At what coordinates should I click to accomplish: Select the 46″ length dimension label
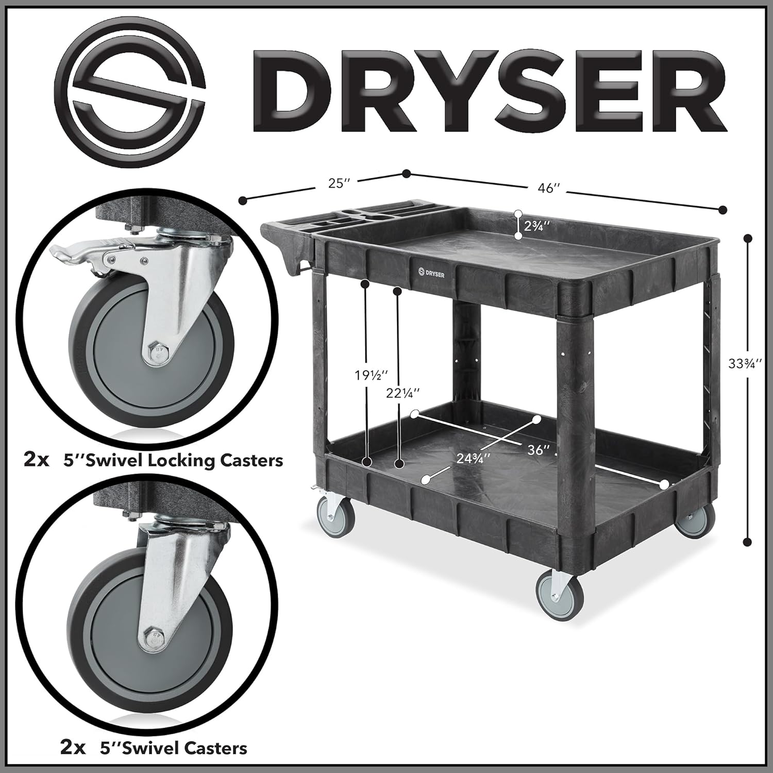pos(548,189)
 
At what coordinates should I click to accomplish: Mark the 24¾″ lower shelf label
pos(472,458)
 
